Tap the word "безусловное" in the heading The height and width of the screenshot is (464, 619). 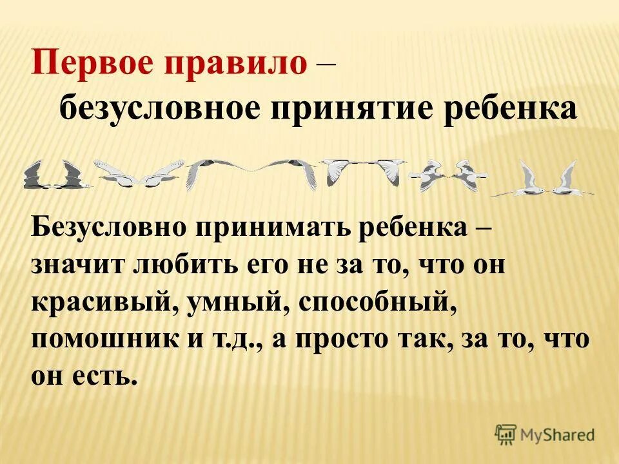tap(157, 109)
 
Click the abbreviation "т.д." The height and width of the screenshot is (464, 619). tap(244, 339)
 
